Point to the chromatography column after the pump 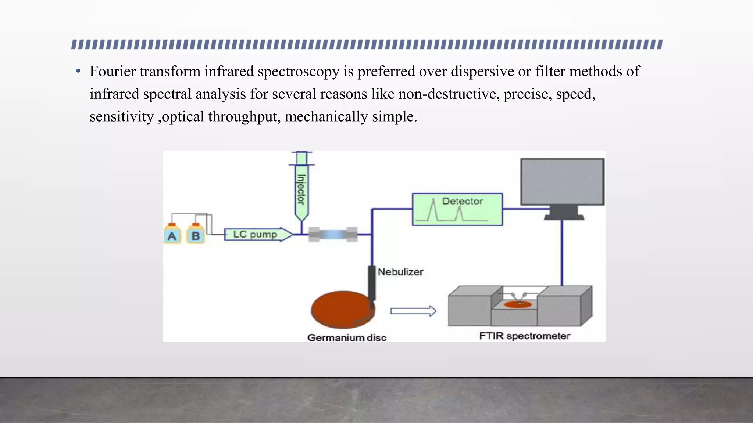(333, 234)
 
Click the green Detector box (457, 209)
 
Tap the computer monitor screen (562, 182)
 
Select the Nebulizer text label (400, 272)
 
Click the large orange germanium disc (342, 309)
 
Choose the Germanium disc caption (347, 338)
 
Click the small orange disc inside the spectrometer (518, 304)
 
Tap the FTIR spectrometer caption (524, 336)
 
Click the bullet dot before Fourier (78, 71)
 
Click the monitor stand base (563, 217)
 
